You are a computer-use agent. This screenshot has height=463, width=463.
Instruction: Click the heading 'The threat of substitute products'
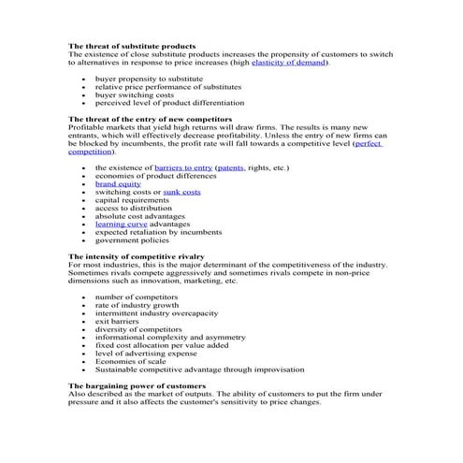pyautogui.click(x=132, y=46)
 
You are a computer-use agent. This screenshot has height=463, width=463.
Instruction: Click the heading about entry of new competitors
pyautogui.click(x=150, y=119)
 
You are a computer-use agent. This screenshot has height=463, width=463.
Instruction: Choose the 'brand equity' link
pyautogui.click(x=118, y=183)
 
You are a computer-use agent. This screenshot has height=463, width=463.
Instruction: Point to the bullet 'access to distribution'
pyautogui.click(x=131, y=208)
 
